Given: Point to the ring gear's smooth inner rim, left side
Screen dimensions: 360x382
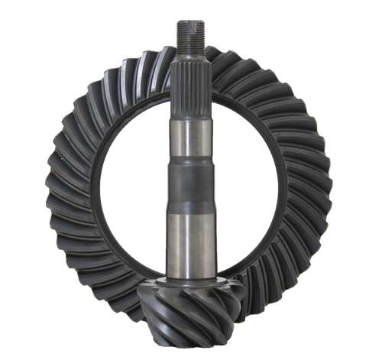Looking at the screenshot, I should coord(95,191).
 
